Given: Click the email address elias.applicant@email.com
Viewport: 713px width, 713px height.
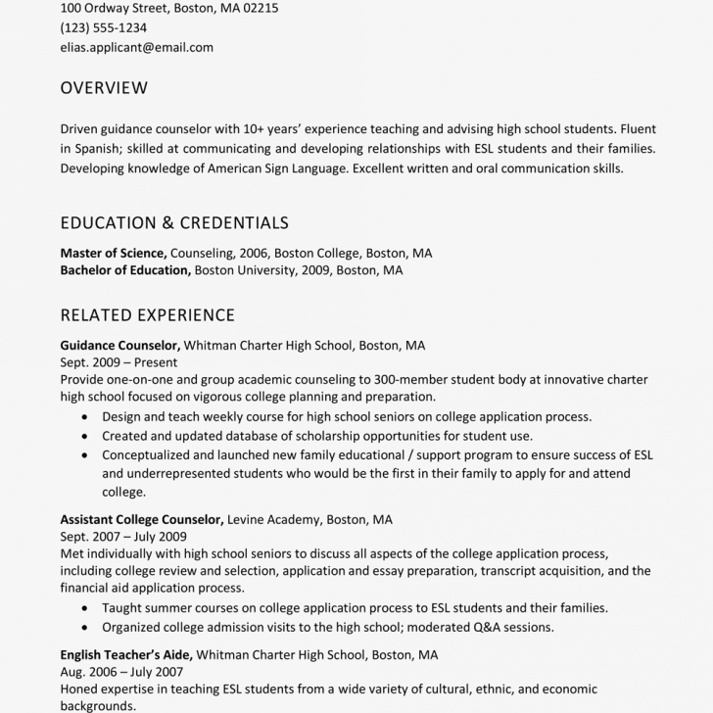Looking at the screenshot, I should [x=136, y=47].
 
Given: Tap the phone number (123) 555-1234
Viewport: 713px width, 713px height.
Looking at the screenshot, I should [x=103, y=27].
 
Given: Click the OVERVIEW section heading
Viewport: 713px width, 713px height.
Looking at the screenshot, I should [x=104, y=88].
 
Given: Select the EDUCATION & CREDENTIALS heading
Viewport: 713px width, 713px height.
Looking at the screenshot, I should [x=174, y=223].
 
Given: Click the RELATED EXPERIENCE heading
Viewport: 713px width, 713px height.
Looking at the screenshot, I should [x=147, y=315].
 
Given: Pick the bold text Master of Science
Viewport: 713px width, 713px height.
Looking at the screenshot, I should [x=113, y=253].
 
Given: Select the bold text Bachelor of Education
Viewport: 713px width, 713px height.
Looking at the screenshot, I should [x=124, y=270].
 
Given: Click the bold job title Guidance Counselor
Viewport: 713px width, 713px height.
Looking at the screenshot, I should [x=119, y=346].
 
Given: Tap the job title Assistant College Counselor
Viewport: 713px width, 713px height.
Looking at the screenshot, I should [x=142, y=519].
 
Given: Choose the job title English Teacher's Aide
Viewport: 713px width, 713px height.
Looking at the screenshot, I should [x=125, y=654].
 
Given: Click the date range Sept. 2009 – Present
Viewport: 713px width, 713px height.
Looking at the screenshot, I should [x=119, y=362].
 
